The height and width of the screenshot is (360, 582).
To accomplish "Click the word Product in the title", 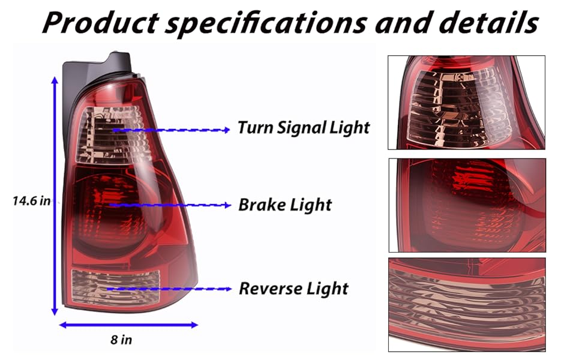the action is point(101,23).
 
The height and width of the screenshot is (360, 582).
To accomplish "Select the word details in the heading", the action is point(488,23).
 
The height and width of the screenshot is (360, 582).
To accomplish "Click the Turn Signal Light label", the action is point(303,127).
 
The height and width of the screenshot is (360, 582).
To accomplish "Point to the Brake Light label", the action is point(284,205).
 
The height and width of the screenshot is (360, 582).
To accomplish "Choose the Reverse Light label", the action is point(293,289).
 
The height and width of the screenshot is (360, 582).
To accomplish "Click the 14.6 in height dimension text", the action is point(32,201).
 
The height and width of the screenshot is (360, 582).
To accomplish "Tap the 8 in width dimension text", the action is point(121,340).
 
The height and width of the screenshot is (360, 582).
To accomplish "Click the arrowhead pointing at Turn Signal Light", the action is point(226,130).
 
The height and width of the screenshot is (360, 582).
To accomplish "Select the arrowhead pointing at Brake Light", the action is point(227,205).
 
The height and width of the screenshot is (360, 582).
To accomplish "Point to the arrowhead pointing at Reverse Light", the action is point(227,289).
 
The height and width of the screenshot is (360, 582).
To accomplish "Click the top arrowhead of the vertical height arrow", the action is point(55,80).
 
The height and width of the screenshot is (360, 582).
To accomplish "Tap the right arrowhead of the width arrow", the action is point(194,325).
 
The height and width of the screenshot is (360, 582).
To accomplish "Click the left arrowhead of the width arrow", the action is point(63,325).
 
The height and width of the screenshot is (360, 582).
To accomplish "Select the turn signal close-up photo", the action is point(467,103).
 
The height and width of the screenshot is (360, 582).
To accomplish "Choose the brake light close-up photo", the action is point(467,205).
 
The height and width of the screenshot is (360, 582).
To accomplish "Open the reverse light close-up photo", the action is point(467,305).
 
